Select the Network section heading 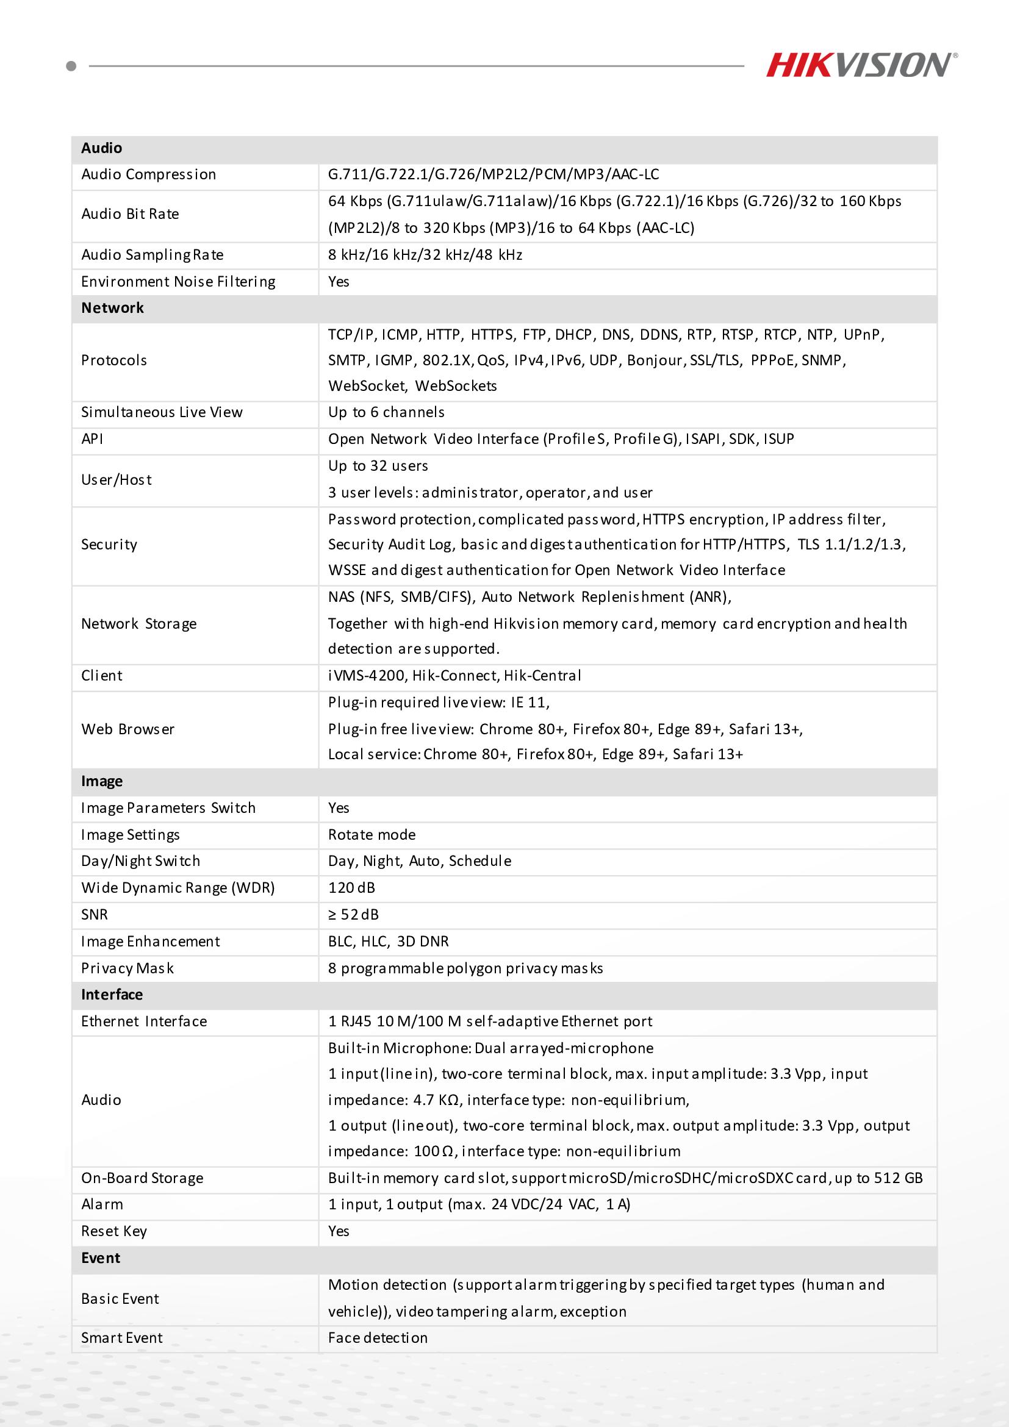click(112, 309)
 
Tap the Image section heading click(102, 781)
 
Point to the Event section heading click(101, 1258)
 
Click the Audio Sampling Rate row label click(153, 255)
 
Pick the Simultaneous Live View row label click(162, 412)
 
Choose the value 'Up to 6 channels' click(386, 412)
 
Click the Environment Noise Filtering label click(178, 282)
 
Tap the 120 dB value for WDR click(351, 887)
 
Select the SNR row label click(95, 914)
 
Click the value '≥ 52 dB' click(353, 914)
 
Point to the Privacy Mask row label click(127, 968)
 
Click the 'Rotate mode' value click(372, 835)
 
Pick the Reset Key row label click(113, 1231)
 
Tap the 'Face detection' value click(378, 1337)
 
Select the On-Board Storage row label click(142, 1178)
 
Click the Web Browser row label click(128, 729)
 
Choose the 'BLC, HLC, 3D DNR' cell click(389, 941)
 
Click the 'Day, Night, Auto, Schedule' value click(420, 861)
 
